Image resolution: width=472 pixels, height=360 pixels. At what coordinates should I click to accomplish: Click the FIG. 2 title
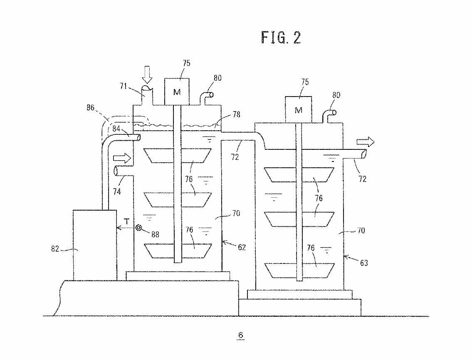point(281,37)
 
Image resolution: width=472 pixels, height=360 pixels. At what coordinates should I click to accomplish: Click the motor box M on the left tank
point(177,92)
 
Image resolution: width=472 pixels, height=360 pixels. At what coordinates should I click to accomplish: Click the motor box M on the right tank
point(298,110)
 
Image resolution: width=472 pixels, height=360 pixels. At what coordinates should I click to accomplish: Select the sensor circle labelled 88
point(139,228)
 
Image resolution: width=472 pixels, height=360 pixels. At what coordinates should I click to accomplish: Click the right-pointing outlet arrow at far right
point(368,142)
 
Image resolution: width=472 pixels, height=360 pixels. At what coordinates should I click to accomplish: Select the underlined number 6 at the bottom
point(240,335)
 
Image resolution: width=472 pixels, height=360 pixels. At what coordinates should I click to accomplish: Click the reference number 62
point(242,247)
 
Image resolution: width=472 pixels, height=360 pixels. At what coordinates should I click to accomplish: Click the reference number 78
point(236,114)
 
